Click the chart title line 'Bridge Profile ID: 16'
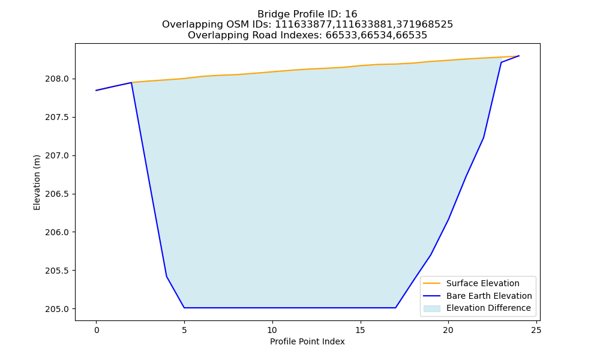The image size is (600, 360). (307, 14)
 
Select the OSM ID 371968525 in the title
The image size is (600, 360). (424, 25)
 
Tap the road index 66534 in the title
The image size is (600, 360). (376, 35)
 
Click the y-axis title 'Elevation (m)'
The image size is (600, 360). (37, 182)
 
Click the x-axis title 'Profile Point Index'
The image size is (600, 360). (307, 341)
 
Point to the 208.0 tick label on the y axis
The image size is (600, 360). (57, 79)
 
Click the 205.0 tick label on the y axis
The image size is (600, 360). (57, 309)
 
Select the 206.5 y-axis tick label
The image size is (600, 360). (57, 194)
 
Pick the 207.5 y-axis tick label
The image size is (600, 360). (57, 117)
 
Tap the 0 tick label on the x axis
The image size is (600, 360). (97, 330)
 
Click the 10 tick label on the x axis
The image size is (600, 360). (272, 330)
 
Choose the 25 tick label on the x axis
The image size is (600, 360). (536, 330)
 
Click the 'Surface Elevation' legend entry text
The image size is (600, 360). (482, 283)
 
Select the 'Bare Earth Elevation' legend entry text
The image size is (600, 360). (489, 296)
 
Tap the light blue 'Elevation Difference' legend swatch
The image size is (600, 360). (431, 308)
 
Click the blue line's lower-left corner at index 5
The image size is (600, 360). (184, 308)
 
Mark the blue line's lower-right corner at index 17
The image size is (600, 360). (395, 308)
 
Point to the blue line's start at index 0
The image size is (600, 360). (96, 90)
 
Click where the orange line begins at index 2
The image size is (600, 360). (131, 82)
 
